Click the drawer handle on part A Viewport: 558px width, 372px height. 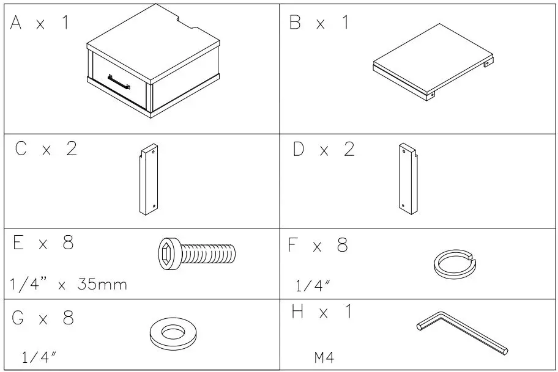[119, 82]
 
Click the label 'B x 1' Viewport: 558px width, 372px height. [319, 23]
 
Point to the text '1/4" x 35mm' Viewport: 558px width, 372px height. [69, 284]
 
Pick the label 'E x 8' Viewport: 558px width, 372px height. [43, 243]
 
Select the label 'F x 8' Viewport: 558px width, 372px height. [318, 246]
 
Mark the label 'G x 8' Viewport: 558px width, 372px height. [43, 318]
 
